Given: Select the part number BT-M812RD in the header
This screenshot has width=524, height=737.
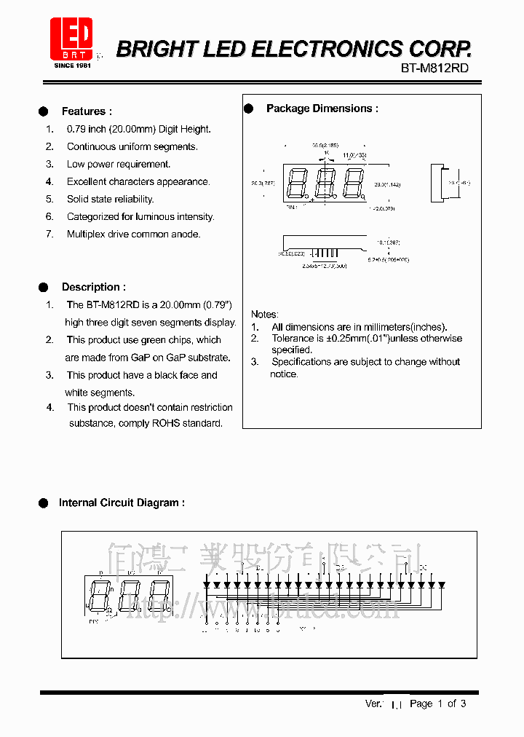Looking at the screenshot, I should tap(434, 68).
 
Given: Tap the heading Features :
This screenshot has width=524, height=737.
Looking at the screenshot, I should tap(87, 111).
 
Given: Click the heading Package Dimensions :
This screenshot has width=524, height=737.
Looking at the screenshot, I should tap(322, 109).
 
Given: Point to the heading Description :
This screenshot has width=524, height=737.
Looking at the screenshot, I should tap(93, 287).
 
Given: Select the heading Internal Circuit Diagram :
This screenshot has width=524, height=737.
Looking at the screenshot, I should tap(122, 502).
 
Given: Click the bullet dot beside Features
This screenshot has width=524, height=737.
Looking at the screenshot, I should tap(44, 111).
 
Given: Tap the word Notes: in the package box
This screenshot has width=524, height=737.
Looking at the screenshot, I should tap(264, 314).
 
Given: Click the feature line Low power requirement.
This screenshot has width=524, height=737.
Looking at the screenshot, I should tap(119, 164).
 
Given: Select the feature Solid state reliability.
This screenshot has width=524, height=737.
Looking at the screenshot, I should tap(110, 199).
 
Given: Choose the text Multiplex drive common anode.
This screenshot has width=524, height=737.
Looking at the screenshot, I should tap(133, 234).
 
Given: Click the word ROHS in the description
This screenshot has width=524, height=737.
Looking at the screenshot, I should tap(165, 423).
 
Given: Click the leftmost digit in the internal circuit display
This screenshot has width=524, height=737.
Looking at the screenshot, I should tap(98, 595).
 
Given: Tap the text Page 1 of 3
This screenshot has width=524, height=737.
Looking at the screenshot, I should tap(437, 703).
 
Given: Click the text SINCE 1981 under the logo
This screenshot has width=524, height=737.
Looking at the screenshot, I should tap(72, 65).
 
